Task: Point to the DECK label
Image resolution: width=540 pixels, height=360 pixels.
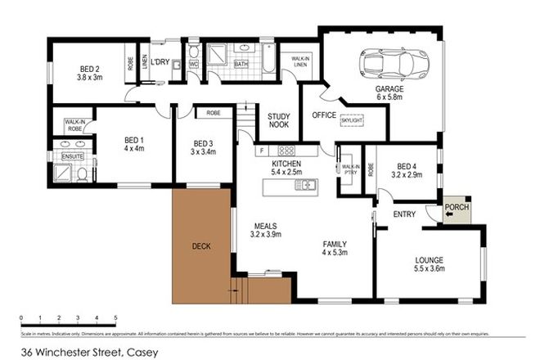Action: tap(200, 244)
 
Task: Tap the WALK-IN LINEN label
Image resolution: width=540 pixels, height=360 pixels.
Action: tap(299, 62)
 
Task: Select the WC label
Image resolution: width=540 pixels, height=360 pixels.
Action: tap(194, 62)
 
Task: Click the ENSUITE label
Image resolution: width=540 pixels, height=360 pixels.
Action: tap(72, 155)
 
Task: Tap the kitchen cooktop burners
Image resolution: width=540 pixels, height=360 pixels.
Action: tap(287, 151)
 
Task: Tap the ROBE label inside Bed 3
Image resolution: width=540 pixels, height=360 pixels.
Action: tap(213, 113)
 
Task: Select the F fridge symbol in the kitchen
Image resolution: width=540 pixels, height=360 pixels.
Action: tap(262, 151)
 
